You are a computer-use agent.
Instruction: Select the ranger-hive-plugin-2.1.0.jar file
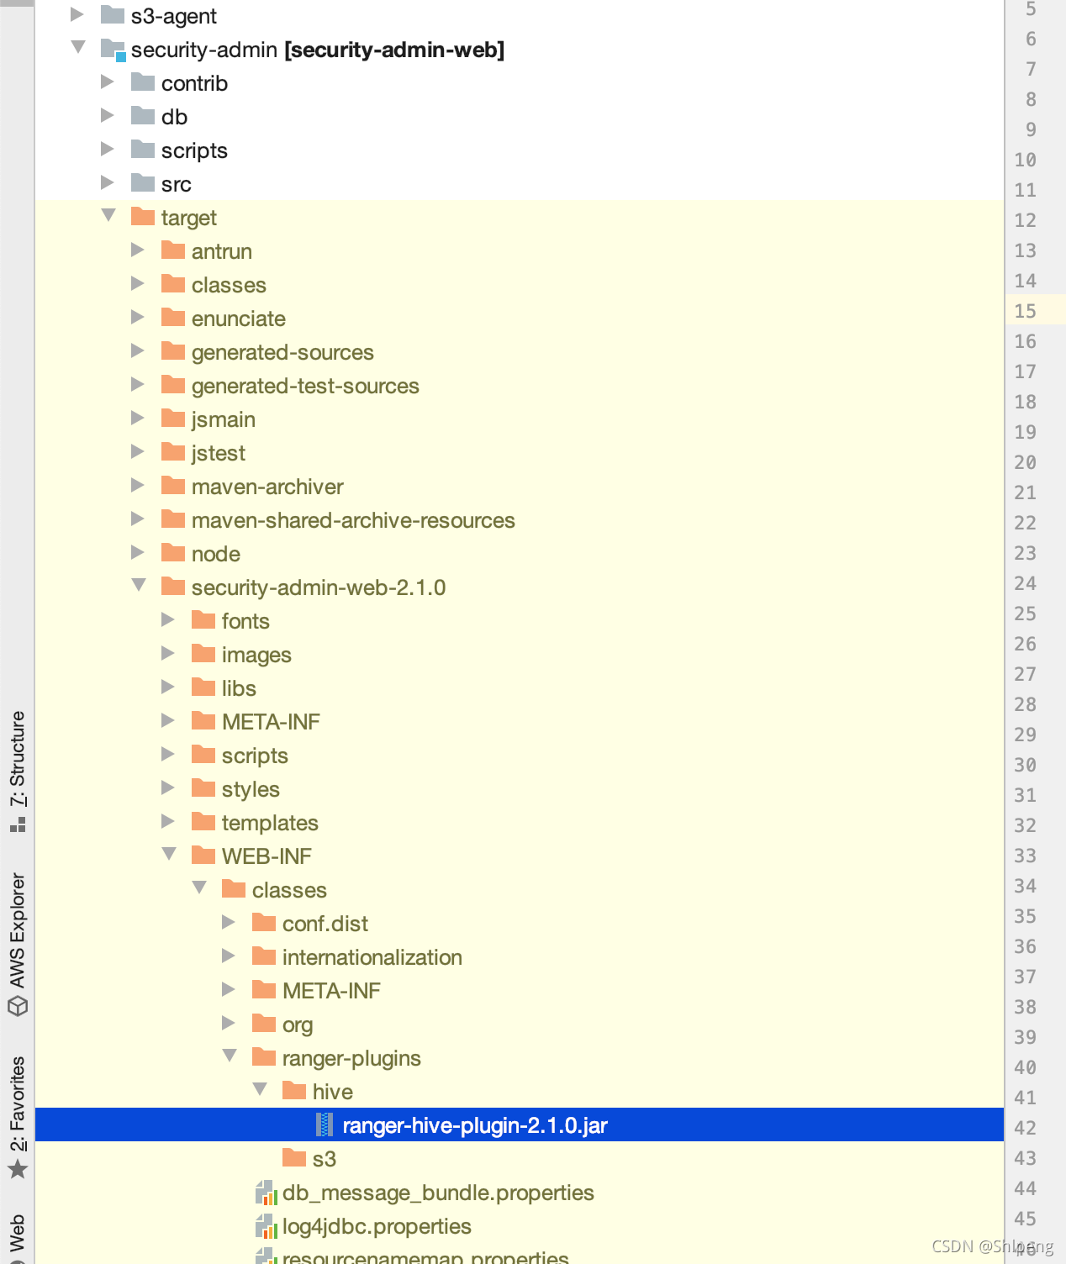coord(474,1125)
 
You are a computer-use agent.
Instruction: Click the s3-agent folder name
coord(174,16)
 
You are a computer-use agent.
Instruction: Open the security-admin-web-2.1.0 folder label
coord(318,587)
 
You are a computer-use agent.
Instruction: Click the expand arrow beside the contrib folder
coord(108,82)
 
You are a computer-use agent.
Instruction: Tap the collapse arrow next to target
coord(108,216)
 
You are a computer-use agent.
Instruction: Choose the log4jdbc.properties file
coord(376,1226)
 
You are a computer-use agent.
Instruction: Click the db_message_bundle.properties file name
coord(437,1193)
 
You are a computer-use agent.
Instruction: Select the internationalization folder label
coord(372,957)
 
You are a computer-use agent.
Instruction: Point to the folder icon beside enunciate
coord(173,318)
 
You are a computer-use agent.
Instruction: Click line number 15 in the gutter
coord(1025,311)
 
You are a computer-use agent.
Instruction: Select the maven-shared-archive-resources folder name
coord(353,520)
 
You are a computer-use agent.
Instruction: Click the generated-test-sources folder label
coord(305,386)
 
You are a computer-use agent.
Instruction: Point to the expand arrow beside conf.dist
coord(229,923)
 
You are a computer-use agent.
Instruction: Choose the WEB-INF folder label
coord(266,856)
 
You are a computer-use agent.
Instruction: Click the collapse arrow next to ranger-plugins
coord(230,1056)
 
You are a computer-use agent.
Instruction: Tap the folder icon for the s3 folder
coord(294,1158)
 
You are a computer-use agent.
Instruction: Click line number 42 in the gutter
coord(1025,1128)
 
